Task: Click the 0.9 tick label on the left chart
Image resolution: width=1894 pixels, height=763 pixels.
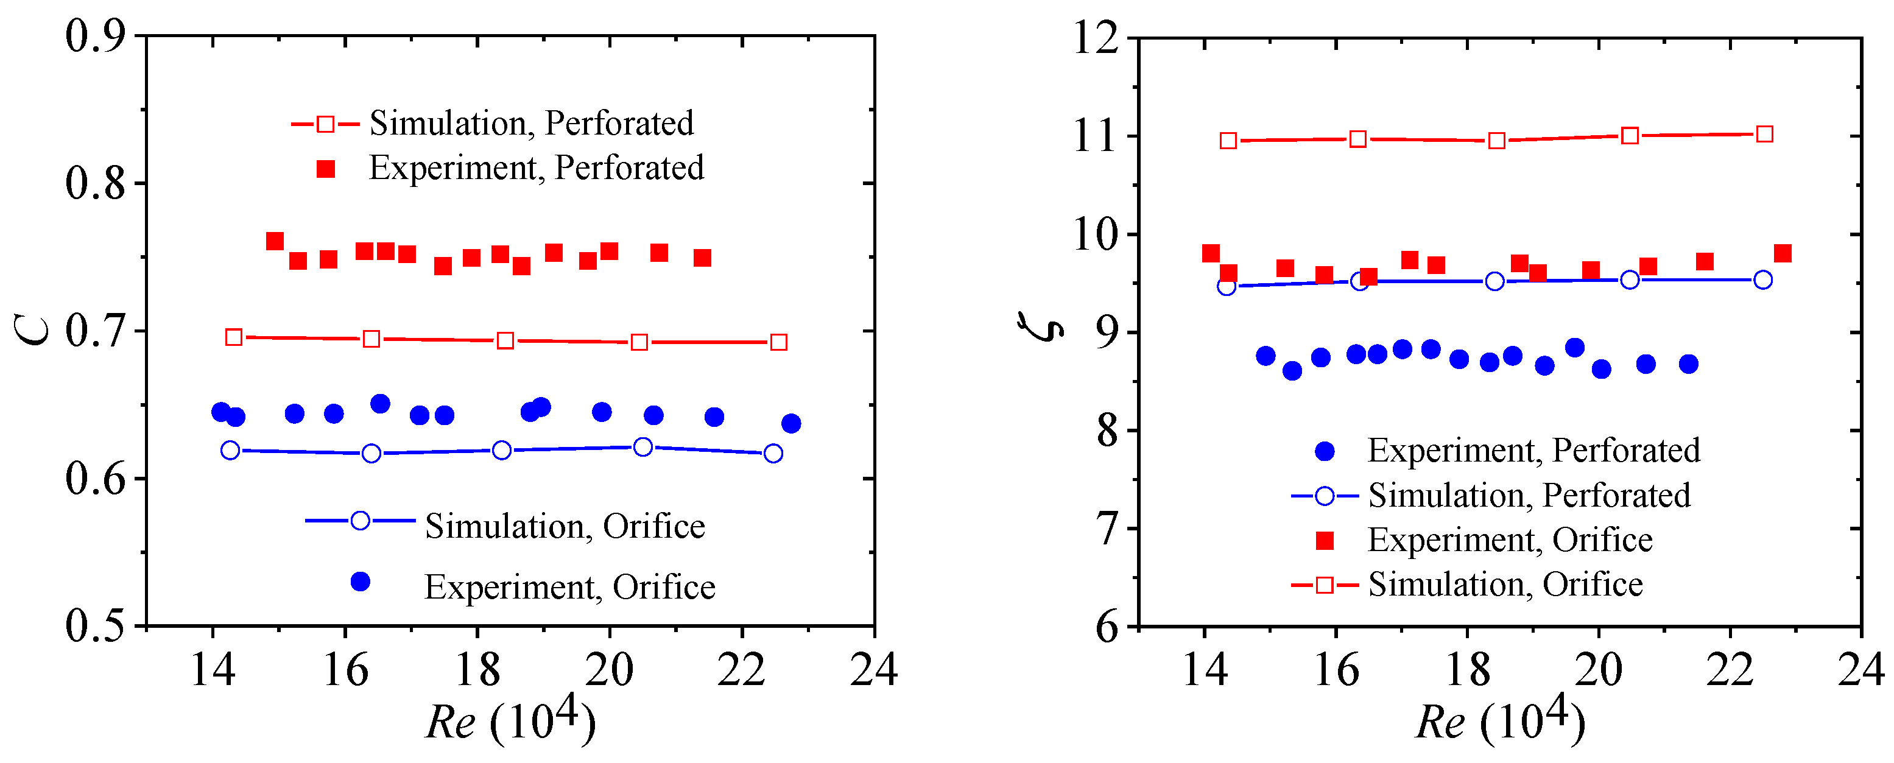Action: pyautogui.click(x=96, y=36)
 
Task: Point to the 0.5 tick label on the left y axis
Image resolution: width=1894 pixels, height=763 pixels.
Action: pyautogui.click(x=96, y=626)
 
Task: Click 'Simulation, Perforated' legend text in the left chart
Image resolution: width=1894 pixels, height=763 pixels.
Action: pyautogui.click(x=531, y=124)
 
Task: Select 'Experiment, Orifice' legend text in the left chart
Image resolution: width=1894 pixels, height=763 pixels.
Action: pyautogui.click(x=569, y=586)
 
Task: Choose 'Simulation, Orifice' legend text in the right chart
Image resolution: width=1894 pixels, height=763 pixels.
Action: pyautogui.click(x=1505, y=585)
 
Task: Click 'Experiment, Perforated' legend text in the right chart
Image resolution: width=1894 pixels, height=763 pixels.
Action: pyautogui.click(x=1533, y=451)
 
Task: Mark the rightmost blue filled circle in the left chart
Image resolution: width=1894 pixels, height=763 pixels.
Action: pyautogui.click(x=791, y=423)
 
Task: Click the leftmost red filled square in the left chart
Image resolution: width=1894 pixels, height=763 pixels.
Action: pyautogui.click(x=275, y=241)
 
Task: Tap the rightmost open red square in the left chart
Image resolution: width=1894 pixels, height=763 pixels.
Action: pyautogui.click(x=779, y=343)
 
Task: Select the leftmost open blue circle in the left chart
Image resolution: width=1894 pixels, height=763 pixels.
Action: pyautogui.click(x=230, y=450)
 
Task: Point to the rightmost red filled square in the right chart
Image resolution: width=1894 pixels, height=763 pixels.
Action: pyautogui.click(x=1782, y=253)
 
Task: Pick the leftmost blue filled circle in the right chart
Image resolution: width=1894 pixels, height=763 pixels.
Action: pyautogui.click(x=1266, y=356)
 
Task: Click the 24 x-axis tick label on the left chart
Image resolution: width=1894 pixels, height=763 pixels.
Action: pyautogui.click(x=873, y=670)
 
